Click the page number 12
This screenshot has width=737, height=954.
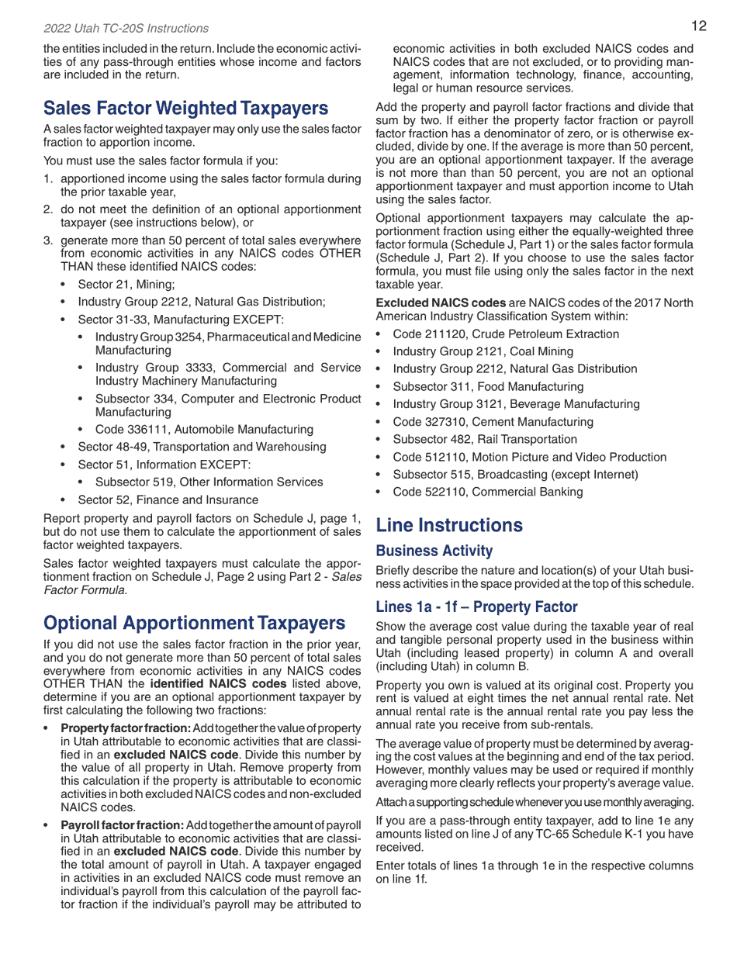[x=698, y=26]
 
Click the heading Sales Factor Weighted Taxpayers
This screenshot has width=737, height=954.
[x=185, y=108]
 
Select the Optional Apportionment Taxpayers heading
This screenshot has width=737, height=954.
[x=194, y=623]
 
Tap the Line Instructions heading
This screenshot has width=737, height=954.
[x=449, y=525]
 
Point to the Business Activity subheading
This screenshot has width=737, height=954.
[x=434, y=551]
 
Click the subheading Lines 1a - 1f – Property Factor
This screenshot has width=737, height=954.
[x=476, y=607]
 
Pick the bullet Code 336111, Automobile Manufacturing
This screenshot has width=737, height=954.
[x=204, y=430]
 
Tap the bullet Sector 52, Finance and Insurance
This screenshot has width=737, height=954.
[x=168, y=500]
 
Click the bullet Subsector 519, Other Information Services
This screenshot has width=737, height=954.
[x=209, y=482]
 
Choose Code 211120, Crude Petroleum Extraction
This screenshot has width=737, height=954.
[x=506, y=334]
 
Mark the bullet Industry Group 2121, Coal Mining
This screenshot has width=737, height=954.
[x=483, y=352]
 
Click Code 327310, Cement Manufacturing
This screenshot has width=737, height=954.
[x=493, y=422]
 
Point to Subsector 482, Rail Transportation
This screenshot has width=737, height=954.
[x=485, y=440]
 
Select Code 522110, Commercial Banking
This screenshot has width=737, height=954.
[x=488, y=492]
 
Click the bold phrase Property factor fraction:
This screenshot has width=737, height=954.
[x=126, y=728]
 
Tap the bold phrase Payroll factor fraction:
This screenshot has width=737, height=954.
[x=123, y=825]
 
